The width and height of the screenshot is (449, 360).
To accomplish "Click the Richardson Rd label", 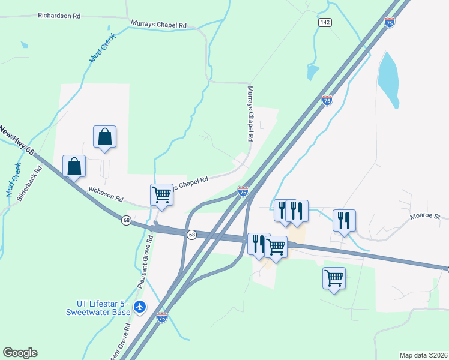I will coord(59,16).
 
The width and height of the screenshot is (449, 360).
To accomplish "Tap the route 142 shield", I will coord(325,22).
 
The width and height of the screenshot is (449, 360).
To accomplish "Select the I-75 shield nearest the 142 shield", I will coord(390,22).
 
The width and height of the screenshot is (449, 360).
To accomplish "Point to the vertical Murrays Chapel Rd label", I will coord(251,113).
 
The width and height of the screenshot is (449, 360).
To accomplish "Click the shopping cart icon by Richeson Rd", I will coord(161,194).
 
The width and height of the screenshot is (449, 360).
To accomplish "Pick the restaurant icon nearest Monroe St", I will coord(344,220).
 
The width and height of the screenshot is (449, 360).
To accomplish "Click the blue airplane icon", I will coord(140,307).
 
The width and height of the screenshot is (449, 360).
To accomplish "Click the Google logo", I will coord(20,353).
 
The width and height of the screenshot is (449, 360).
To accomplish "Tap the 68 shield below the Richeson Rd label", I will coord(126,220).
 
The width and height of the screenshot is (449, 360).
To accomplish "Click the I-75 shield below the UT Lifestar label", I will coord(161,317).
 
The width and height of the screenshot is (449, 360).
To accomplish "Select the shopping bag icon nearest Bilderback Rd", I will coord(74,166).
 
